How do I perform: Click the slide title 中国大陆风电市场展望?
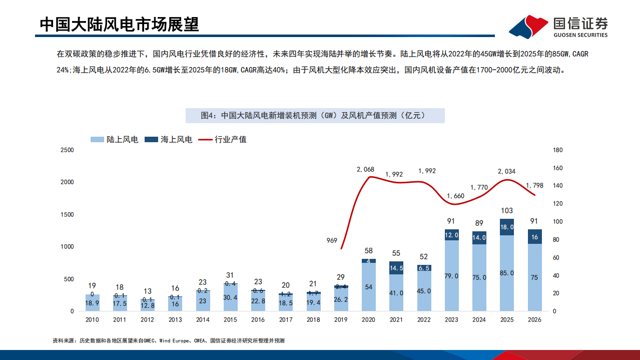[x=119, y=24]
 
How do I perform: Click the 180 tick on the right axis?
[x=558, y=150]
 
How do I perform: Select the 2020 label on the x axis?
[x=368, y=319]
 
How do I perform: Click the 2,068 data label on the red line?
[x=365, y=169]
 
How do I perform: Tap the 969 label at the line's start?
[x=331, y=240]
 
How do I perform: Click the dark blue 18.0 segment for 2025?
[x=506, y=227]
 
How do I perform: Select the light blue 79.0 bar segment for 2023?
[x=452, y=275]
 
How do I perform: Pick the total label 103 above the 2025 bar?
[x=506, y=211]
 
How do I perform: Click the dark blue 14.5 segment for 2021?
[x=396, y=268]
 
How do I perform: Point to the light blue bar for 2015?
[x=231, y=297]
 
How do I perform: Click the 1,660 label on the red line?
[x=455, y=196]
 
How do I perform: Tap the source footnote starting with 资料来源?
[x=169, y=340]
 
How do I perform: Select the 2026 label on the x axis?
[x=534, y=319]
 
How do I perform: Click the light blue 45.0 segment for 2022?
[x=424, y=291]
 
